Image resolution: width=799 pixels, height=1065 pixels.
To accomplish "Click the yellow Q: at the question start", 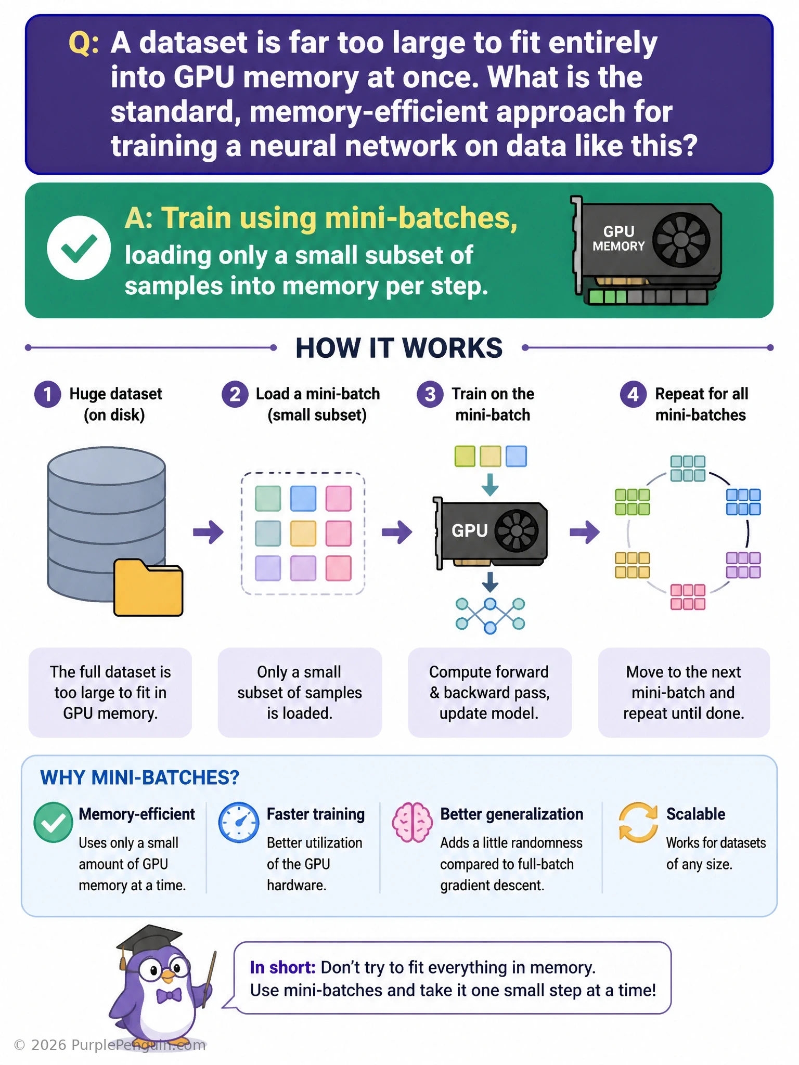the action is coord(84,44).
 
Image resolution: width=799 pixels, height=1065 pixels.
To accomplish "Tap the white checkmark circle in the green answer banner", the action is coord(79,248).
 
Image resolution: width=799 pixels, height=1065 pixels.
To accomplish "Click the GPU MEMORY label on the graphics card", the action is coord(618,239).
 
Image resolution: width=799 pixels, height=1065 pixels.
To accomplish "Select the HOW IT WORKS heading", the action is coord(399,348).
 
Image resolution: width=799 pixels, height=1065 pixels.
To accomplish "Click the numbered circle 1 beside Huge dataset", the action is coord(48,394).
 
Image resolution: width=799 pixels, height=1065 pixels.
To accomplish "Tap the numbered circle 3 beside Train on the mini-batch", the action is coord(430,394).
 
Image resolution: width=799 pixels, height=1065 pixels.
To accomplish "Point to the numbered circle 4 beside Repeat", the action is coord(633,394).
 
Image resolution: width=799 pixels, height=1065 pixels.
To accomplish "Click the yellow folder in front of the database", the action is coord(148,588).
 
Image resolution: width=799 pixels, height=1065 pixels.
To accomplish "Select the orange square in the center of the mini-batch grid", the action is coord(303,534).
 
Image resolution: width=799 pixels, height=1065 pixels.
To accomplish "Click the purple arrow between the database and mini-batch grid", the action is coord(209,532).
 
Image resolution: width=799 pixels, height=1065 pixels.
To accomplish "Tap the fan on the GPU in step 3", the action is coord(516,530).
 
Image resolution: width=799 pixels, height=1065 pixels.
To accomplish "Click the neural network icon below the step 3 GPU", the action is coord(490,616).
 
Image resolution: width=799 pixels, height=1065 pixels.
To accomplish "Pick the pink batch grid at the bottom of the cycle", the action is coord(688,597).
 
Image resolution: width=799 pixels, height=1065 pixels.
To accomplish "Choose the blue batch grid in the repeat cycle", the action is coord(743,502).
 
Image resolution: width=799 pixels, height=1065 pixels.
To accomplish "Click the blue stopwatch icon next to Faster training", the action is coord(239,822).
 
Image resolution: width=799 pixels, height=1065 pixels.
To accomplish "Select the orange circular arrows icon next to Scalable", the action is coord(638,822).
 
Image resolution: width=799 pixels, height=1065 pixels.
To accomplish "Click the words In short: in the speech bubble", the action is coord(282,967).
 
